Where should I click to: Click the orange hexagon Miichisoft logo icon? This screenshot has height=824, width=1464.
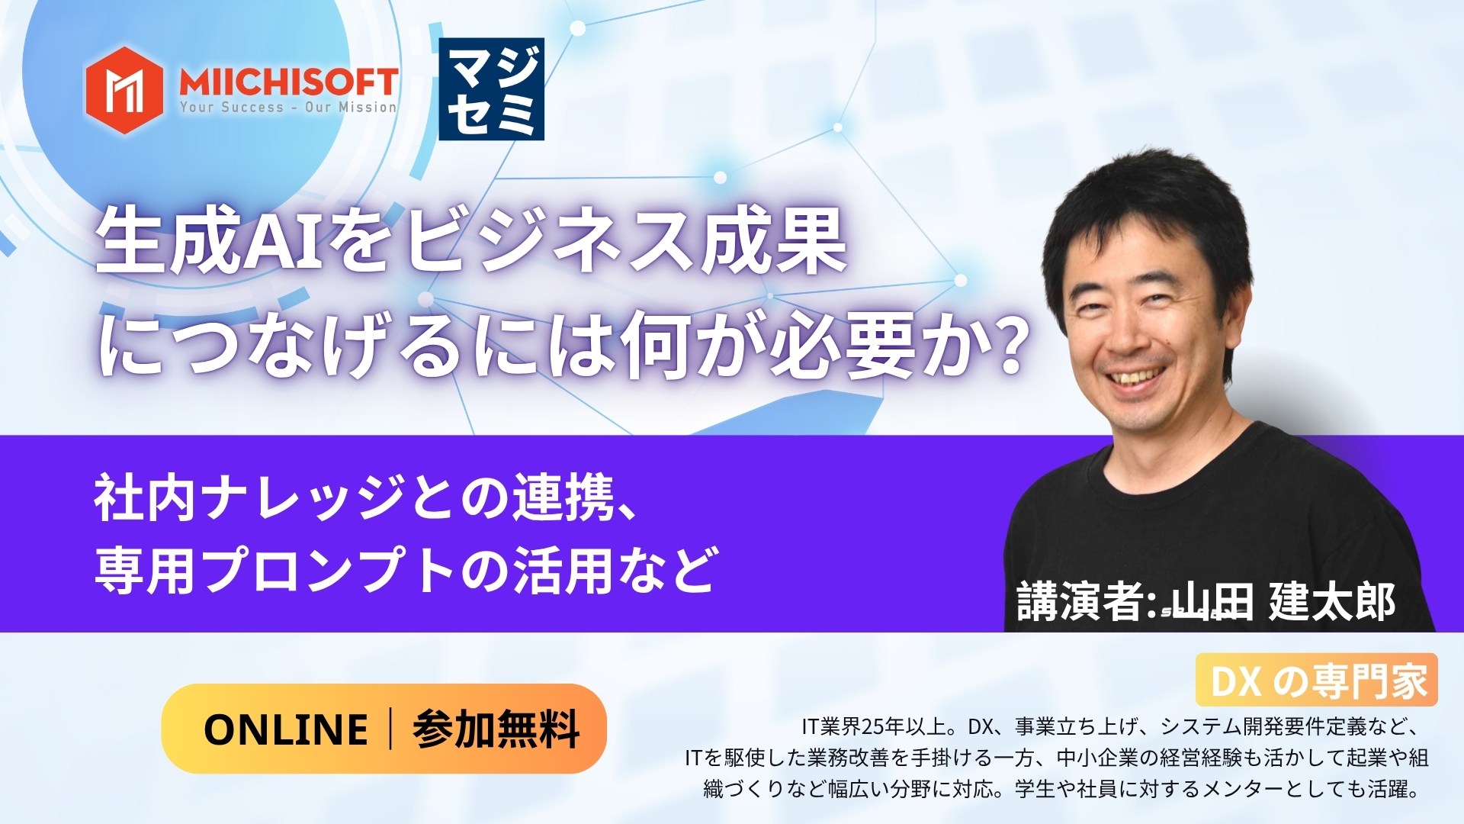pyautogui.click(x=124, y=90)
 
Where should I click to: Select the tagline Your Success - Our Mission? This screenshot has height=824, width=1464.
pyautogui.click(x=288, y=108)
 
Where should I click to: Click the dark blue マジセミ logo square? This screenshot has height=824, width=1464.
pyautogui.click(x=491, y=89)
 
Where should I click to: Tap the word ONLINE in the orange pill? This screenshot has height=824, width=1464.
pyautogui.click(x=286, y=729)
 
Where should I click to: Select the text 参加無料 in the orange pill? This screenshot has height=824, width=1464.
pyautogui.click(x=496, y=729)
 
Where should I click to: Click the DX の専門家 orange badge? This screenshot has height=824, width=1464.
pyautogui.click(x=1317, y=681)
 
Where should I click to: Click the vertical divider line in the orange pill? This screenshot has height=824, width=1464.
pyautogui.click(x=391, y=729)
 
